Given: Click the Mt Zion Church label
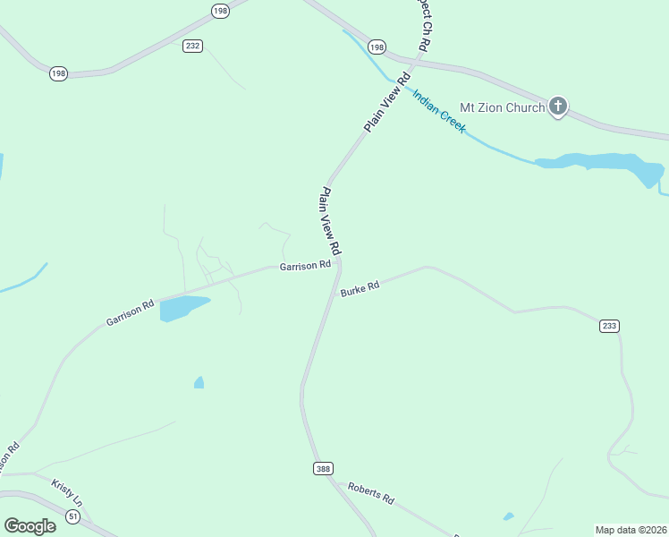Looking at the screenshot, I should [x=502, y=107].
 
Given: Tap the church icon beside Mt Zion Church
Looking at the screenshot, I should [x=558, y=107].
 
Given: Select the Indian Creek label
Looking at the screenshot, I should [x=439, y=111].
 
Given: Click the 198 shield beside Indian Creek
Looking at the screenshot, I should [x=377, y=47].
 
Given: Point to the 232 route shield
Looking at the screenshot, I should [x=192, y=46].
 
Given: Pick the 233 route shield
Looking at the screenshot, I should [x=609, y=327].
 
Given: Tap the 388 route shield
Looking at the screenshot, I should [x=323, y=469].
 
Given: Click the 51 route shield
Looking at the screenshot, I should [x=72, y=516].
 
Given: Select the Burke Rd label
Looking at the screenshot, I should [x=360, y=288].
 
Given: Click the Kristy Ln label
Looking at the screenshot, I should [x=66, y=491].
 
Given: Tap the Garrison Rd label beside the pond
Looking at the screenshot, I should [x=130, y=311].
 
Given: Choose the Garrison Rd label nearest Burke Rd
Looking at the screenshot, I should [x=305, y=266].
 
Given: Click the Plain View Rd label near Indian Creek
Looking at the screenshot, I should [x=387, y=103].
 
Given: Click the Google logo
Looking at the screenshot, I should [x=30, y=526].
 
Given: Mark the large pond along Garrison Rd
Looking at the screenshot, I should [x=182, y=307].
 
